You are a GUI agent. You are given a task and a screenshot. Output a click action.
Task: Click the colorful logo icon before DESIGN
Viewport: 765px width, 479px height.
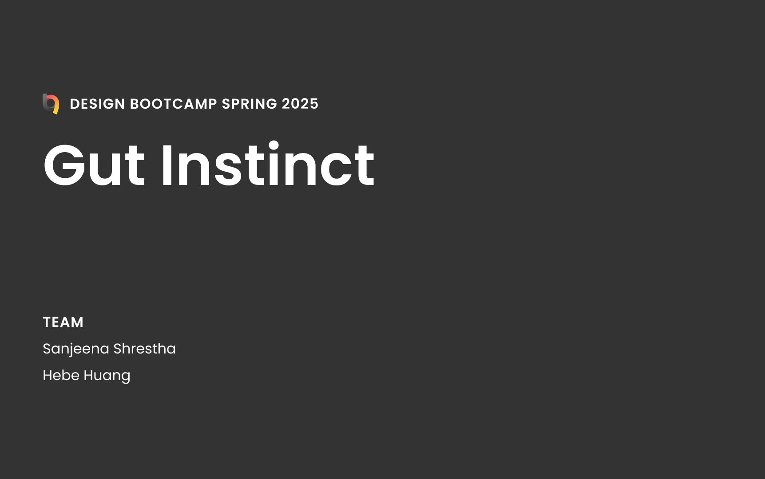[x=51, y=104]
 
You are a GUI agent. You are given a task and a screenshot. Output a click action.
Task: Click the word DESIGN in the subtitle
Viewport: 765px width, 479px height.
[x=98, y=104]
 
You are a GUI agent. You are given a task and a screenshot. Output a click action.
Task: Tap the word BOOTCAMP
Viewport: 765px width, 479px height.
[x=174, y=104]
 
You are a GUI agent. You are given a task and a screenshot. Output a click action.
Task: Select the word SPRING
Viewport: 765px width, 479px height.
[x=250, y=104]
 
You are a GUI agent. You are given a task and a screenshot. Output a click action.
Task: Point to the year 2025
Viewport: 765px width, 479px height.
[x=300, y=104]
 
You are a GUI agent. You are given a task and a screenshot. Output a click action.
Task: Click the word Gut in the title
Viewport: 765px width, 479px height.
[x=94, y=165]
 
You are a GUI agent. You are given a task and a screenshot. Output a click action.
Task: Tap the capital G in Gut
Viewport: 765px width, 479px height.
[x=64, y=165]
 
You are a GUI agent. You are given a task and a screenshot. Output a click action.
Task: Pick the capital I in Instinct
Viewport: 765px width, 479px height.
[x=166, y=165]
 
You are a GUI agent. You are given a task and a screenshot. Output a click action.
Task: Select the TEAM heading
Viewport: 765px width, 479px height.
[x=63, y=322]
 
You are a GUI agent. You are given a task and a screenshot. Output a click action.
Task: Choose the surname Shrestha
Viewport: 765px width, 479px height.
[x=145, y=349]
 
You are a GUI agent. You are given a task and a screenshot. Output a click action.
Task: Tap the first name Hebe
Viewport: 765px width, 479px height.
[x=61, y=375]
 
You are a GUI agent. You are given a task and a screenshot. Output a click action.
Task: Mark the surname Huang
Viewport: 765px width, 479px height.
[x=107, y=376]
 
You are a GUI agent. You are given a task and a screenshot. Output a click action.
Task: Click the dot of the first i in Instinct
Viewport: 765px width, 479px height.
[x=273, y=145]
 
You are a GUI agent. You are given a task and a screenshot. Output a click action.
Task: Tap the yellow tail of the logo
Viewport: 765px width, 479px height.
[x=56, y=108]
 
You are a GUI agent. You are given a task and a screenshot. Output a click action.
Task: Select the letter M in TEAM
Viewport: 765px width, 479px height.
[x=76, y=322]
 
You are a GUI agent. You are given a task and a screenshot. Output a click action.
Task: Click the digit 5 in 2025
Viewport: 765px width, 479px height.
[x=314, y=104]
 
